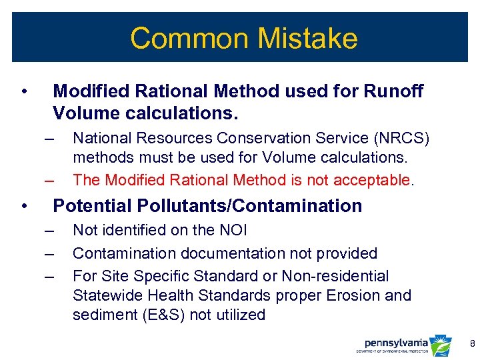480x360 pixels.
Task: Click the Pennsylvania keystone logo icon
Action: pos(441,345)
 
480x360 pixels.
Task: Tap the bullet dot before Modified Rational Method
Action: pos(24,91)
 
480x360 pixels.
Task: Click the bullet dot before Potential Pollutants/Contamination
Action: pos(24,206)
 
